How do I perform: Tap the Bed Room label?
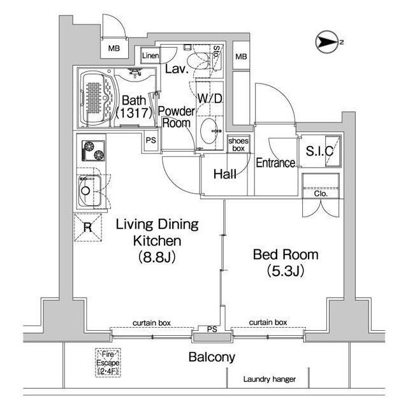286,254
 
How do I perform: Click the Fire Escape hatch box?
108,363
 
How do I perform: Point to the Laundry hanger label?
269,379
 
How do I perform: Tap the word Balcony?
212,357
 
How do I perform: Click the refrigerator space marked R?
88,228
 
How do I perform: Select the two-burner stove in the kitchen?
94,150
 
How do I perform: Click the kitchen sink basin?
90,191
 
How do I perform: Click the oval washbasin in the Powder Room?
209,131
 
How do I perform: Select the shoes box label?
238,145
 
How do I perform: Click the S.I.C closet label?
319,151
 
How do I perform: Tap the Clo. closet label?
321,194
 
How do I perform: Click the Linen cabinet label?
150,55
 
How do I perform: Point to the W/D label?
210,98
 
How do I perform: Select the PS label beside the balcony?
212,330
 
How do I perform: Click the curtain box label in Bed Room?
268,323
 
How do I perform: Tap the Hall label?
225,174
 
